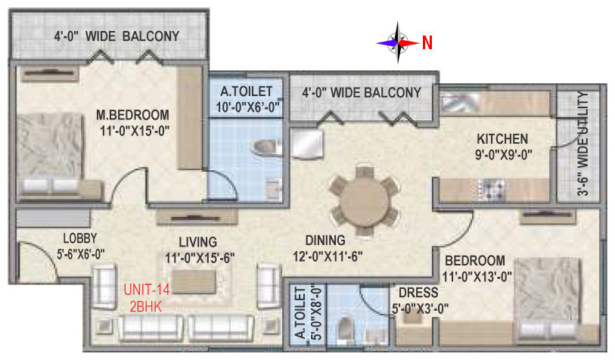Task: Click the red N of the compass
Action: (427, 42)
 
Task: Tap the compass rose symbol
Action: (398, 42)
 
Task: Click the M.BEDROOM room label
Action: (133, 115)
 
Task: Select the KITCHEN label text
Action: (502, 139)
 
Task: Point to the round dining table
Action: (365, 201)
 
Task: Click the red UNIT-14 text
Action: (147, 290)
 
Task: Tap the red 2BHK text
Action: (146, 306)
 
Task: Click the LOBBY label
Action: (80, 238)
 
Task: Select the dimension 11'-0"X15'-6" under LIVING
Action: (200, 258)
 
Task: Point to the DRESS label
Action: (418, 293)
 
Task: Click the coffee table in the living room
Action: (194, 282)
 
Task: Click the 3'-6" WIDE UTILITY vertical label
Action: (582, 144)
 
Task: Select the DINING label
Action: (325, 240)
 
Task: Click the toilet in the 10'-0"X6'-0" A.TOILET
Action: (267, 147)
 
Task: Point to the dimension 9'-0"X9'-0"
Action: (504, 154)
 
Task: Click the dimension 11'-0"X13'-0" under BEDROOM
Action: (477, 277)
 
